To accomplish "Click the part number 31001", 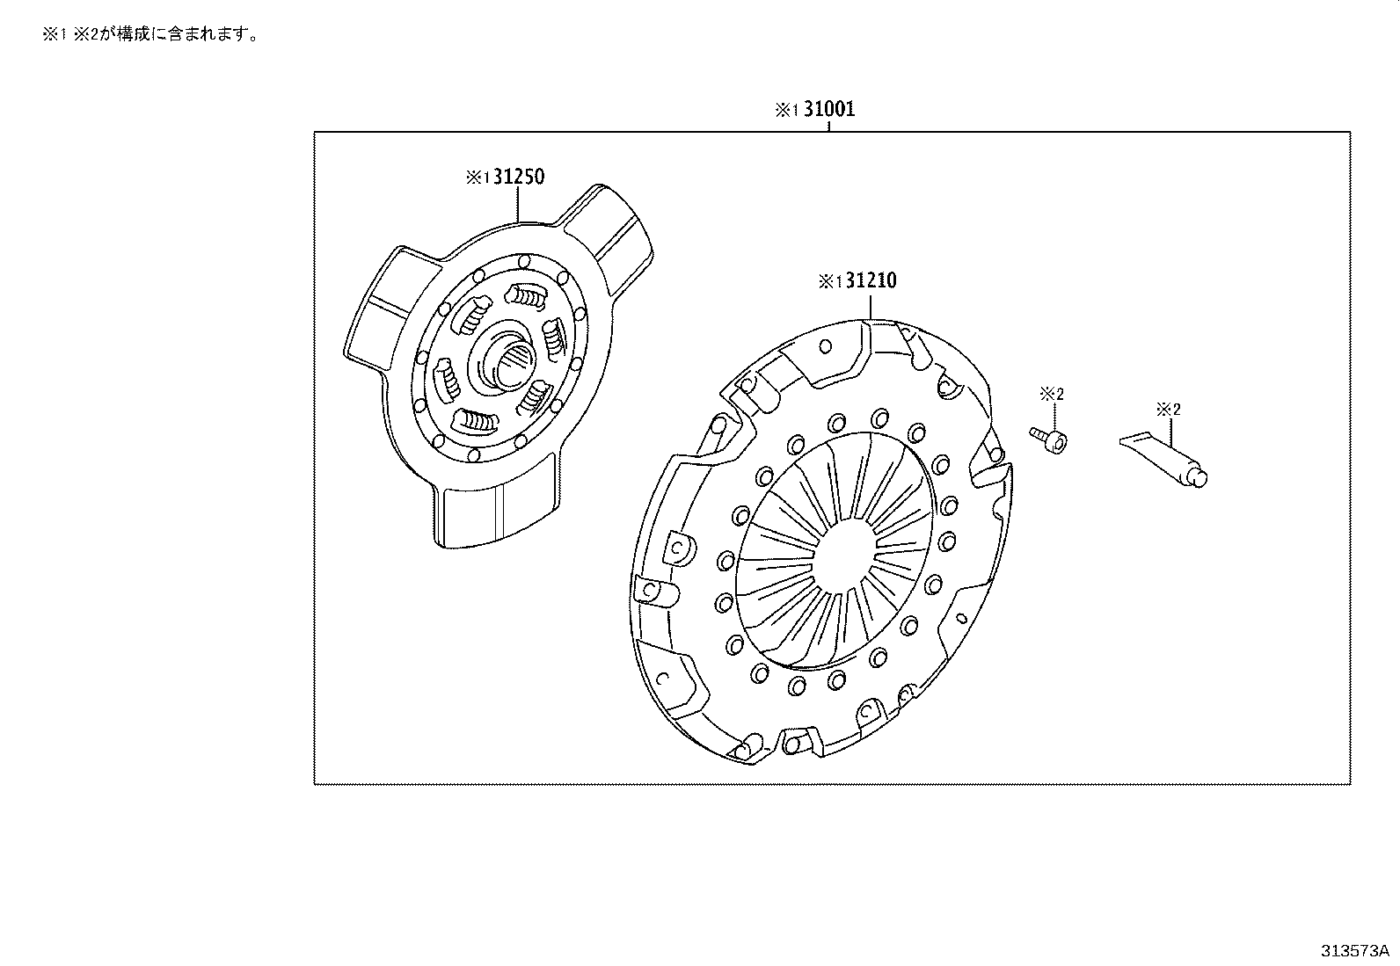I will (x=828, y=110).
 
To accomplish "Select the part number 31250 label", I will (x=518, y=177).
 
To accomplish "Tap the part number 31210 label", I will (x=870, y=281).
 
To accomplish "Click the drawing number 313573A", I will (x=1353, y=951).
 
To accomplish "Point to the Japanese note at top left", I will (x=150, y=36).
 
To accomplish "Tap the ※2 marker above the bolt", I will (x=1052, y=395).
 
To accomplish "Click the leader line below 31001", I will (x=828, y=127).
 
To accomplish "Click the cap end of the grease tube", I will (x=1198, y=476).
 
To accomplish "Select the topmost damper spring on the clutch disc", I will (x=528, y=299).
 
